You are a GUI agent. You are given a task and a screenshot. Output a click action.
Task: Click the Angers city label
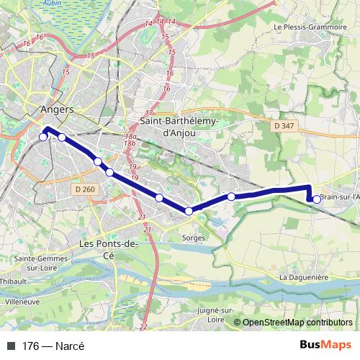59,110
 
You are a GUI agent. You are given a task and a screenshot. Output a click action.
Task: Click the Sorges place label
195,237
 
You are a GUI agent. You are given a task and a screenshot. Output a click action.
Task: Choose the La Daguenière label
305,277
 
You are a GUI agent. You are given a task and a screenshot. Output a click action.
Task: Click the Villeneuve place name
22,302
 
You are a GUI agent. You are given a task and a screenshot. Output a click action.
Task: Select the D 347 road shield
284,126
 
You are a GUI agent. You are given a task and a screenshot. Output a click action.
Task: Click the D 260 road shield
84,189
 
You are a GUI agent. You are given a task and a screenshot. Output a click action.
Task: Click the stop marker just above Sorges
189,211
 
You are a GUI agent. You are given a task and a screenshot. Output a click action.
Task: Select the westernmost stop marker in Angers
43,137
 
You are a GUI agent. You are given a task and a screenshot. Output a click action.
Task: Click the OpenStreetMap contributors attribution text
297,323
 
